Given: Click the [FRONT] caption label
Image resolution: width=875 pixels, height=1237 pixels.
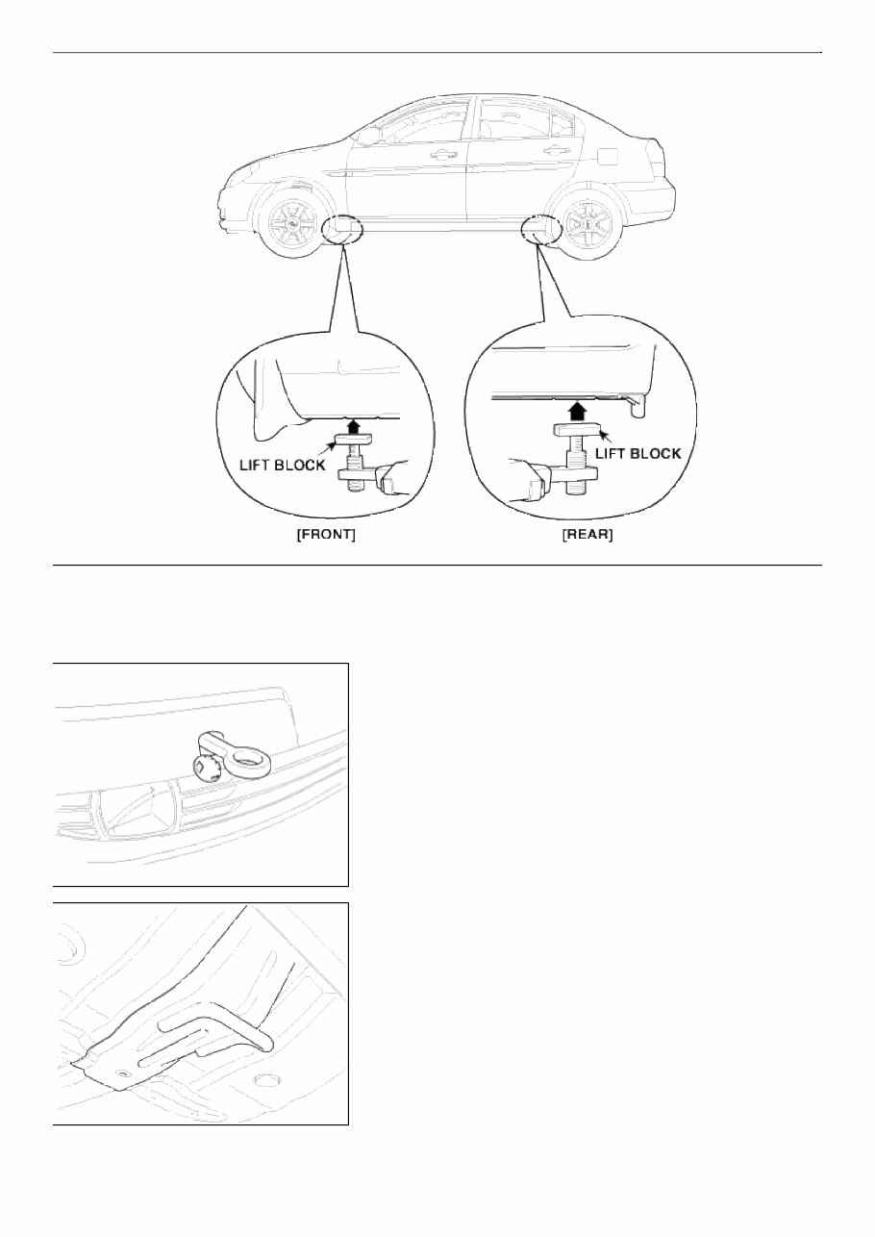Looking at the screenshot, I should click(x=325, y=535).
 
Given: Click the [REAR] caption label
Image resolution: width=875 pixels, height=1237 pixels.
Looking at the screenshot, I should click(x=587, y=535).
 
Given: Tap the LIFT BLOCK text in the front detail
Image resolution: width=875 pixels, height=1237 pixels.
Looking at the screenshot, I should click(x=282, y=465).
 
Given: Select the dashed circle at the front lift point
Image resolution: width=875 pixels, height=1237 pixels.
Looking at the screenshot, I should click(x=343, y=231).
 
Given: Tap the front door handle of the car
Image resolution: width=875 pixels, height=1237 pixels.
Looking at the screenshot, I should click(x=443, y=153).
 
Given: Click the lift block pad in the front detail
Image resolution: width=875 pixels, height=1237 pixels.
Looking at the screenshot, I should click(x=352, y=441).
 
